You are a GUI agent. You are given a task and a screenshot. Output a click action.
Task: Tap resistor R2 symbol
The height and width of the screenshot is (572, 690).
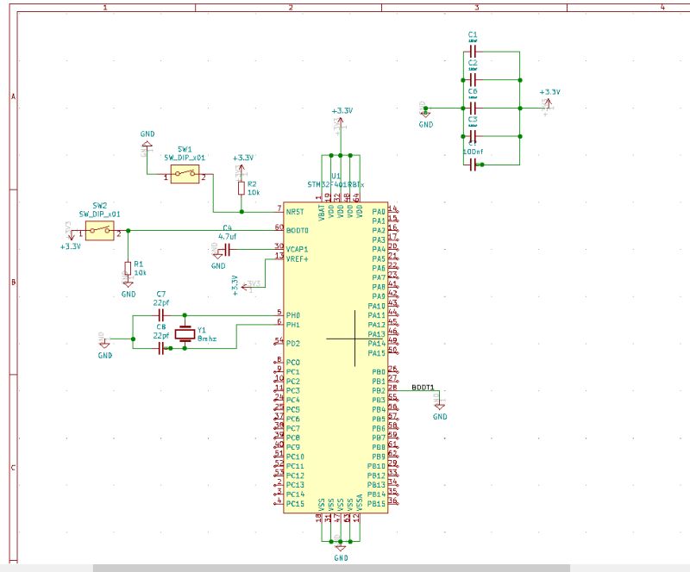pos(241,187)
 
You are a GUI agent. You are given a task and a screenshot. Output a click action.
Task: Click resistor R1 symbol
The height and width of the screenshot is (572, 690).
pos(128,267)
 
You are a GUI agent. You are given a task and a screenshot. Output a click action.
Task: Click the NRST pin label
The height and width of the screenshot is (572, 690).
pos(295,211)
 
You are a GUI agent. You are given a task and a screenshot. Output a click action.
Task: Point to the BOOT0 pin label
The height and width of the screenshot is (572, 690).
pos(297,230)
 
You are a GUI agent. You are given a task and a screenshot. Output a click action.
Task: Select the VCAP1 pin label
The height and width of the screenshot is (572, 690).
pos(298,249)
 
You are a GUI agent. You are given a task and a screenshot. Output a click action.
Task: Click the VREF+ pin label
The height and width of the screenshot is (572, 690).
pos(298,258)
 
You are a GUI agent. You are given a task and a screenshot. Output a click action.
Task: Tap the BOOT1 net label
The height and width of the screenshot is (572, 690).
pos(423,388)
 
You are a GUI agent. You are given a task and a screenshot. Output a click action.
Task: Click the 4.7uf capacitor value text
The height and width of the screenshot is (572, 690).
pos(228,236)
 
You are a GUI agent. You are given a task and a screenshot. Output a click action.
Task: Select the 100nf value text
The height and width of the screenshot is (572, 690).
pos(473,152)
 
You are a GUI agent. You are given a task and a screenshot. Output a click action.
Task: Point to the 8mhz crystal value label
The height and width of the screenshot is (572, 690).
pos(207,340)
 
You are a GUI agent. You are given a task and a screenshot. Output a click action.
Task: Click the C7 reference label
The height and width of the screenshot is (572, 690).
pos(161,295)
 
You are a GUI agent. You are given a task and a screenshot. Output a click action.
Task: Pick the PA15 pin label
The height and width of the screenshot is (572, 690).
pos(376,353)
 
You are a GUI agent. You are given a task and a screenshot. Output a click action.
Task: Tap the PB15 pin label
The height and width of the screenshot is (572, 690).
pos(376,504)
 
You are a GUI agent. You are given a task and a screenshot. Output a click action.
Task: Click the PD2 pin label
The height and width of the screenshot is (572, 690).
pos(292,344)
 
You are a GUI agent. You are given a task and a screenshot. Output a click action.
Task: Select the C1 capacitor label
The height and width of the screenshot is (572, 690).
pos(473,34)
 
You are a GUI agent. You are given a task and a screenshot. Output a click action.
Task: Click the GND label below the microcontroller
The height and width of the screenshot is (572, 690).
pos(341,558)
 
